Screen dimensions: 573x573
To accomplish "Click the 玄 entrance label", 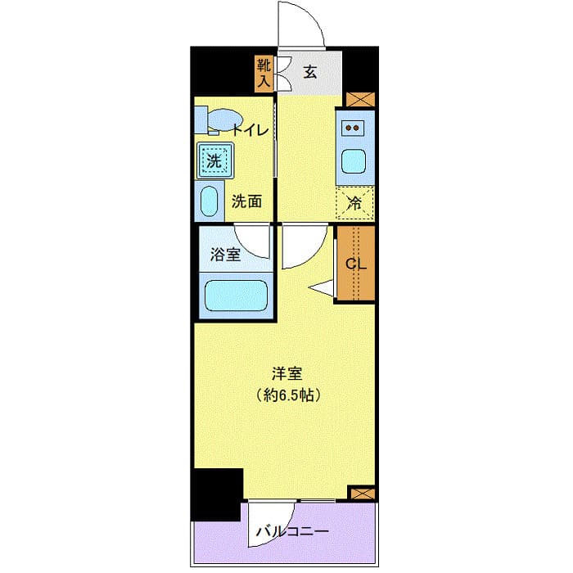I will coord(310,72).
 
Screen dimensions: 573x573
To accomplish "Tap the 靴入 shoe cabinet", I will coord(264,73).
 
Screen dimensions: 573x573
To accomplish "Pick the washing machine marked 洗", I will coord(214,160).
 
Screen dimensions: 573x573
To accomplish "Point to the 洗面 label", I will coord(246,201).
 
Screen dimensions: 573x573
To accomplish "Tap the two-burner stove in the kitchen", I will coord(354,127).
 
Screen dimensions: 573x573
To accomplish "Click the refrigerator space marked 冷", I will coord(354,203).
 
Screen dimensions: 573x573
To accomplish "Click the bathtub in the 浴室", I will coord(236,296).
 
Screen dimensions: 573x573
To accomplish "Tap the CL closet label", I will coord(354,264).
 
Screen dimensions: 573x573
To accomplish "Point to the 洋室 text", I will coord(287,375).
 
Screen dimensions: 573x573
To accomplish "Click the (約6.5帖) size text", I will coord(287,395).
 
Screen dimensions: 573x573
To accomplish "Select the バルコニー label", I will coord(292,531).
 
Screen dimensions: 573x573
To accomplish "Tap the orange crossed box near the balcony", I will coord(361,493).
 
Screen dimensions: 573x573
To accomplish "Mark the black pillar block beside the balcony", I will coord(217,493).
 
